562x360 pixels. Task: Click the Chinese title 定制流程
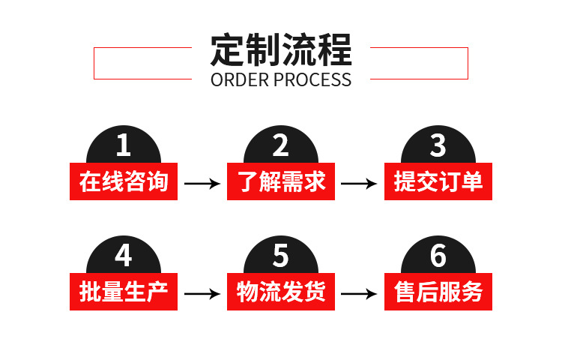tap(281, 50)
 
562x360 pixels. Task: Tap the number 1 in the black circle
tap(124, 145)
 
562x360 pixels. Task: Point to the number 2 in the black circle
tap(280, 145)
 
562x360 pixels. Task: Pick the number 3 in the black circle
tap(438, 145)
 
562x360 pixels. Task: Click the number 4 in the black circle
tap(124, 256)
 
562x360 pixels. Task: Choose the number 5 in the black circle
tap(280, 256)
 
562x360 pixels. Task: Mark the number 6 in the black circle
tap(438, 256)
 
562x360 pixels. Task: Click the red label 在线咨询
tap(124, 181)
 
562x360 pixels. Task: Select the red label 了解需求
tap(281, 181)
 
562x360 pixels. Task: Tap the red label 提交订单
tap(438, 181)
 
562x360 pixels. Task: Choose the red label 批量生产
tap(124, 291)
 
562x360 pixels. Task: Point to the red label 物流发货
tap(281, 291)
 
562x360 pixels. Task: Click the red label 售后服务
tap(438, 291)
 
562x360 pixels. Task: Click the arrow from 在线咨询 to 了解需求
tap(202, 183)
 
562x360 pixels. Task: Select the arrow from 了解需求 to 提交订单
tap(359, 183)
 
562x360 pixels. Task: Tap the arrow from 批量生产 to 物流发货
tap(202, 293)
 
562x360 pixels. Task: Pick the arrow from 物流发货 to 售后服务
tap(359, 293)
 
